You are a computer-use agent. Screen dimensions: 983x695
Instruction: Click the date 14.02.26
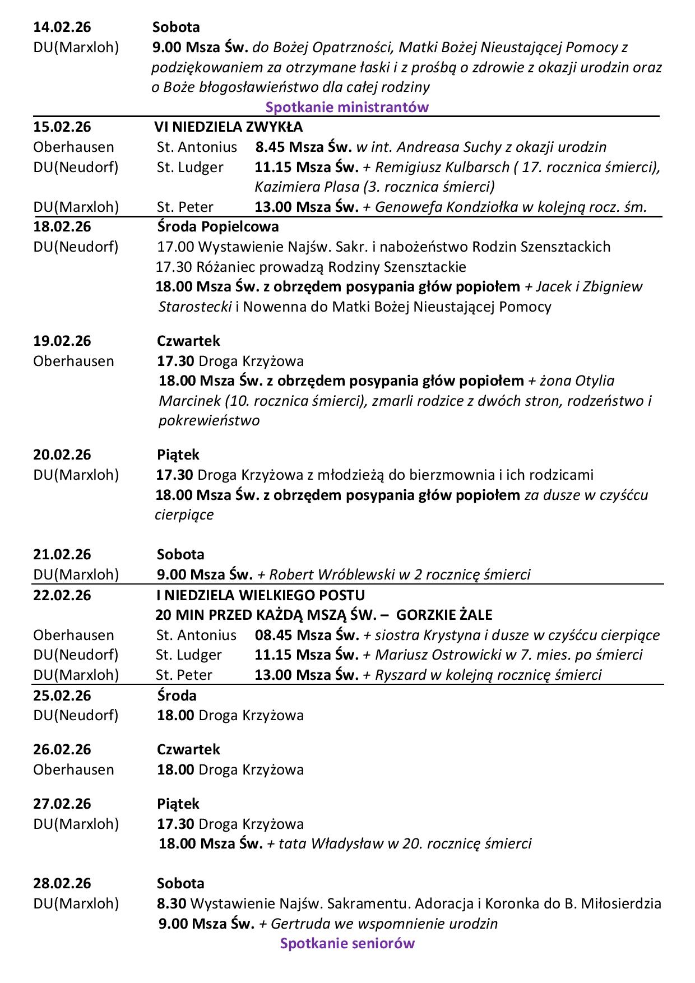coord(62,27)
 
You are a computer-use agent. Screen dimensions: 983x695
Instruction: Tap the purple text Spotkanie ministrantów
coord(347,107)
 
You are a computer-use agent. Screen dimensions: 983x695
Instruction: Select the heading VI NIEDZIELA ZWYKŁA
coord(229,127)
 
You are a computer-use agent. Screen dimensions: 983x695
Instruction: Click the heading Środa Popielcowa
coord(217,226)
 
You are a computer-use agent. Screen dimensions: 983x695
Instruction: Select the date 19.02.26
coord(62,341)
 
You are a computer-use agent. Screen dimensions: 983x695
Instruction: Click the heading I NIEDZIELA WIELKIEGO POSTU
coord(260,595)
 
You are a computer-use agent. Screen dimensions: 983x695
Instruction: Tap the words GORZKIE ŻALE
coord(444,615)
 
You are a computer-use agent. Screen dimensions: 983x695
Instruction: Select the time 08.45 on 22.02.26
coord(274,635)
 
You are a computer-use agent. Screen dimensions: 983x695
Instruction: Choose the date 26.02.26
coord(62,749)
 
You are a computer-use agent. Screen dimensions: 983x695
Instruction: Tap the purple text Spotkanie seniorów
coord(347,943)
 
